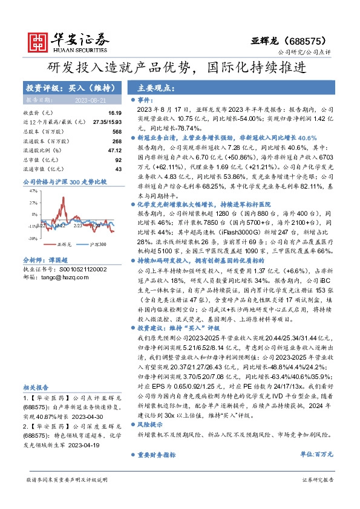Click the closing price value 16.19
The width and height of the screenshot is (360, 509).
click(x=115, y=113)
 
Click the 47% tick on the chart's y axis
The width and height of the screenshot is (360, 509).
click(x=32, y=190)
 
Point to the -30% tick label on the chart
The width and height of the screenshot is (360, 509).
click(x=31, y=238)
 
